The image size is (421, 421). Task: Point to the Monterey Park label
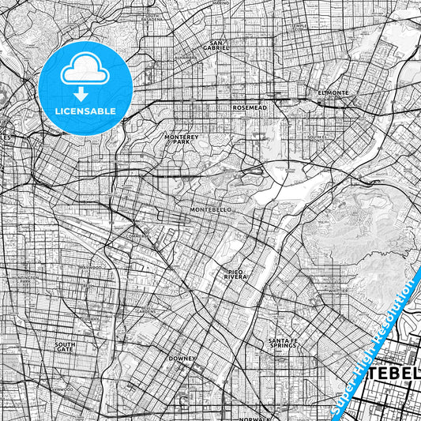pos(179,138)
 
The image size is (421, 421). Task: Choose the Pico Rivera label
pos(234,275)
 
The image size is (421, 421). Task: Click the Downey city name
pos(182,358)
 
